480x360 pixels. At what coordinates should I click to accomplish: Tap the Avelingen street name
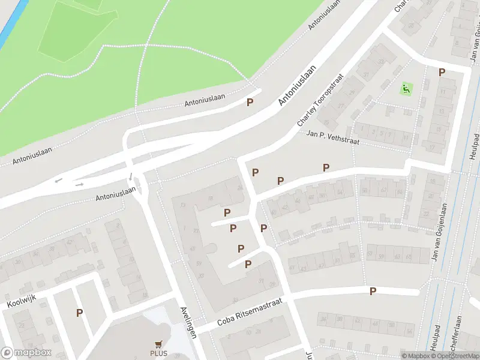(188, 323)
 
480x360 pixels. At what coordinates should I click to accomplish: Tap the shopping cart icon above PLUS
(159, 344)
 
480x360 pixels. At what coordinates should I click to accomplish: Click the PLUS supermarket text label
(159, 353)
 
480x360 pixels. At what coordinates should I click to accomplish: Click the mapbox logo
(26, 353)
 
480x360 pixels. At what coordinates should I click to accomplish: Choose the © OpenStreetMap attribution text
(451, 356)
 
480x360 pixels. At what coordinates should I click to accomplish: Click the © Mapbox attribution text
(415, 356)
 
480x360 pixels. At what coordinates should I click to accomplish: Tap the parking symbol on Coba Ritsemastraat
(373, 292)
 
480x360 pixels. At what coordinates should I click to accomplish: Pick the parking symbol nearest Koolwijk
(79, 313)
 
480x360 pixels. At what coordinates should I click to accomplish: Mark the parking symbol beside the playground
(442, 73)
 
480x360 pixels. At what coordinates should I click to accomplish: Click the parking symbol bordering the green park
(250, 103)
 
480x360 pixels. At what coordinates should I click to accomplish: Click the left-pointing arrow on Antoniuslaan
(58, 180)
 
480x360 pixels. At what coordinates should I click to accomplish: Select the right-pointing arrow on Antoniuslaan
(79, 184)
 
